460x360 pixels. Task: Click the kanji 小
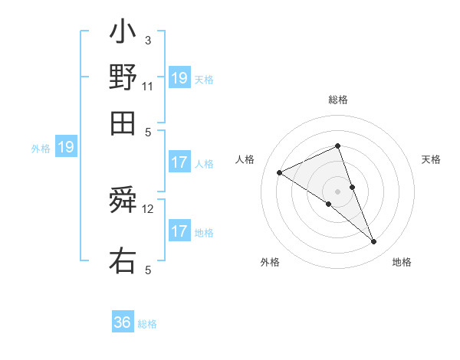pos(123,33)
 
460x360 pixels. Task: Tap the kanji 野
pos(123,77)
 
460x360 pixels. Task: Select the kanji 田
pos(123,123)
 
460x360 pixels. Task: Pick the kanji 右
pos(123,260)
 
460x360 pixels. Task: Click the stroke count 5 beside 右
pos(148,270)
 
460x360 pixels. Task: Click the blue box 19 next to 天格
pos(179,78)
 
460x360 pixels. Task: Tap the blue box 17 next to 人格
pos(179,162)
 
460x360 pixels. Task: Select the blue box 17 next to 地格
pos(179,231)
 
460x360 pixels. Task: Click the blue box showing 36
pos(123,322)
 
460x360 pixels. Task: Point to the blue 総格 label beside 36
pos(147,324)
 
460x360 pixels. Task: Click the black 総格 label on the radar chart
pos(337,100)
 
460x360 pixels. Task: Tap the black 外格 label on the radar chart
pos(270,262)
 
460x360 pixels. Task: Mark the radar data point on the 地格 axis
pos(374,242)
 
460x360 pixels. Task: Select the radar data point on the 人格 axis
pos(280,173)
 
